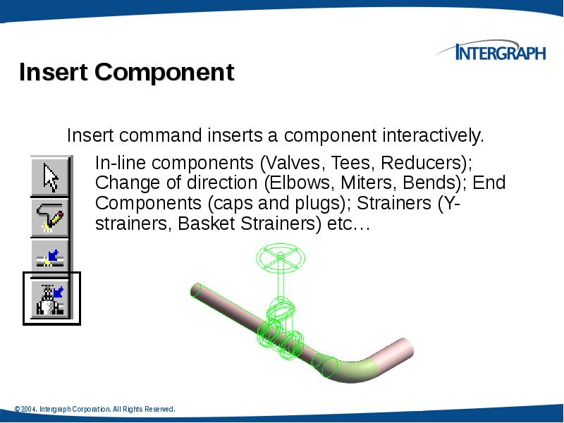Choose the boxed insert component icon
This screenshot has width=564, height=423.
click(51, 298)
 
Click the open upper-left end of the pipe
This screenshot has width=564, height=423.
click(197, 289)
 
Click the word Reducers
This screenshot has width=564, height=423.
click(425, 164)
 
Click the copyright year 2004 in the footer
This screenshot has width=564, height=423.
click(28, 409)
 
